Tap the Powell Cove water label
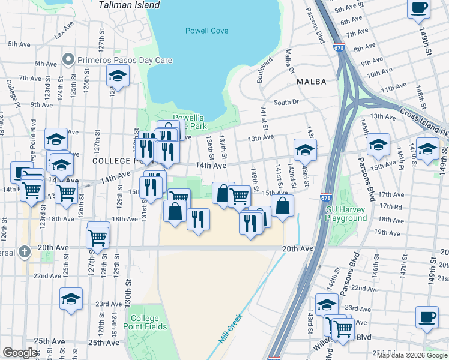tap(207, 31)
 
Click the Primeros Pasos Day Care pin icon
tap(68, 60)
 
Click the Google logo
tap(20, 353)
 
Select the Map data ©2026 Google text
tap(411, 355)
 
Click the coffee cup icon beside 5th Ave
tap(418, 8)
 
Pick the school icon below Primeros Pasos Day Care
tap(118, 76)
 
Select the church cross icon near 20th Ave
tap(24, 251)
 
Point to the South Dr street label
tap(286, 103)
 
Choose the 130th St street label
tap(128, 277)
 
